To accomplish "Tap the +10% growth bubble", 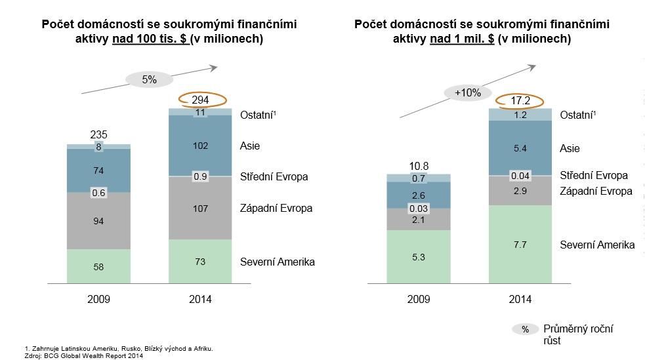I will [x=467, y=92].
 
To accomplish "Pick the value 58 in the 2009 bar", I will [x=98, y=267].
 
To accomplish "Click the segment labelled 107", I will [x=201, y=209].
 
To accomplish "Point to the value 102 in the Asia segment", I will [x=201, y=146].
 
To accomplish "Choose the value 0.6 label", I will [x=98, y=193].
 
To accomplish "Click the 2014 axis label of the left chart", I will [x=201, y=300].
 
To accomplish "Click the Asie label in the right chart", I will [x=570, y=149].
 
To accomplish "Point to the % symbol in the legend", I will [x=525, y=329].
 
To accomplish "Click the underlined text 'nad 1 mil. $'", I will [x=461, y=39].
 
